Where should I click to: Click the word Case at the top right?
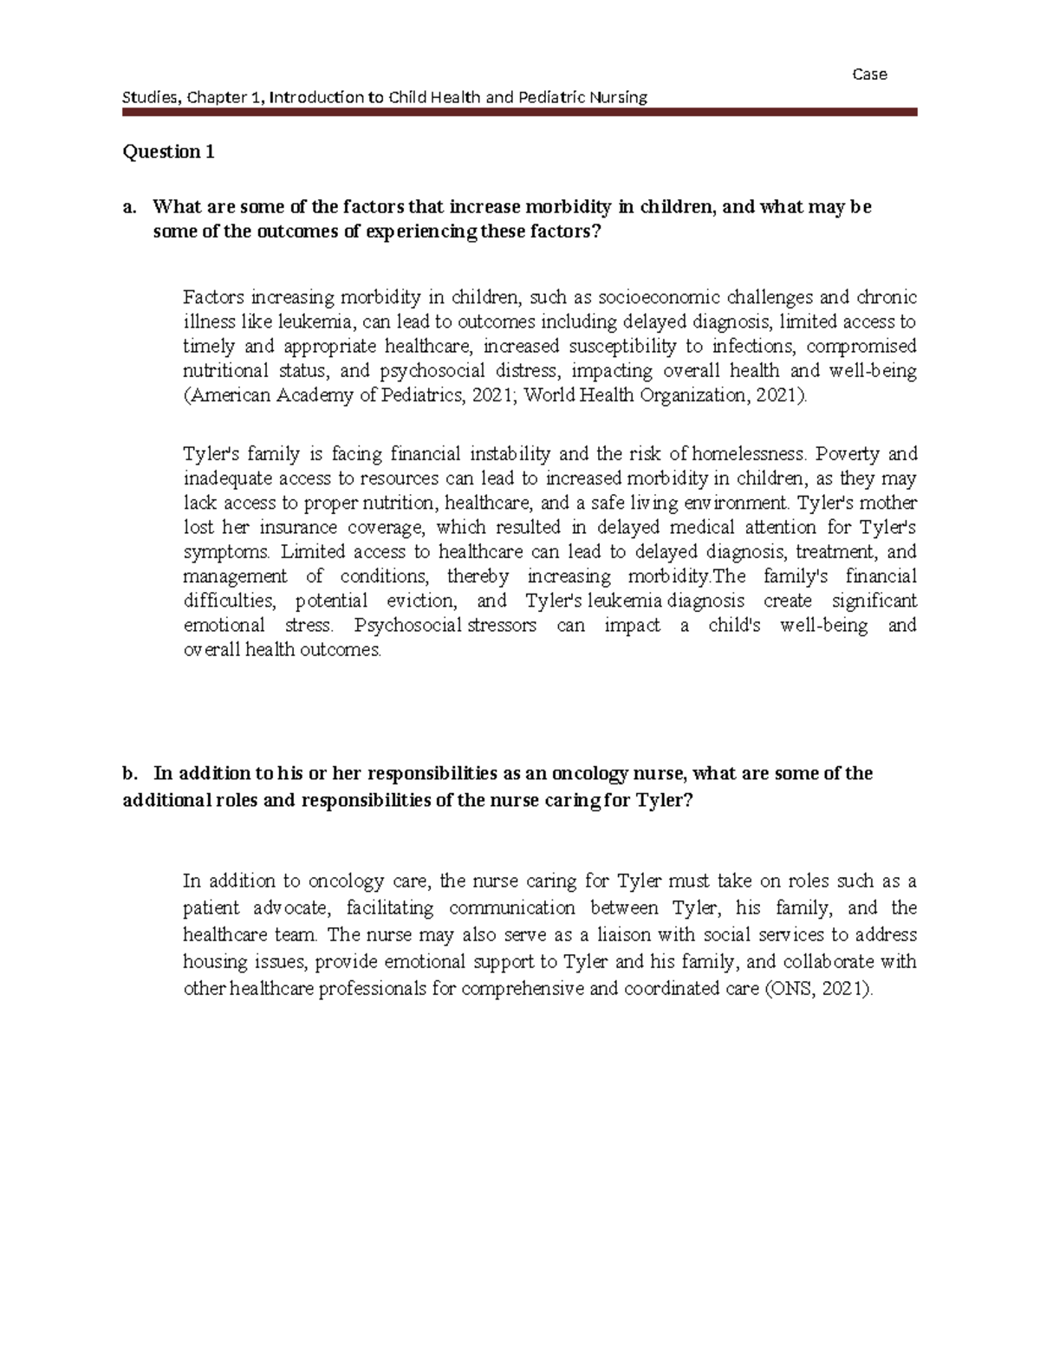tap(869, 75)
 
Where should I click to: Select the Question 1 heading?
tap(168, 152)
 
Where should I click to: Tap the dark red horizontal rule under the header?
tap(519, 112)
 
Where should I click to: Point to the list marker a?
tap(130, 207)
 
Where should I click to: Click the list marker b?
tap(130, 773)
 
